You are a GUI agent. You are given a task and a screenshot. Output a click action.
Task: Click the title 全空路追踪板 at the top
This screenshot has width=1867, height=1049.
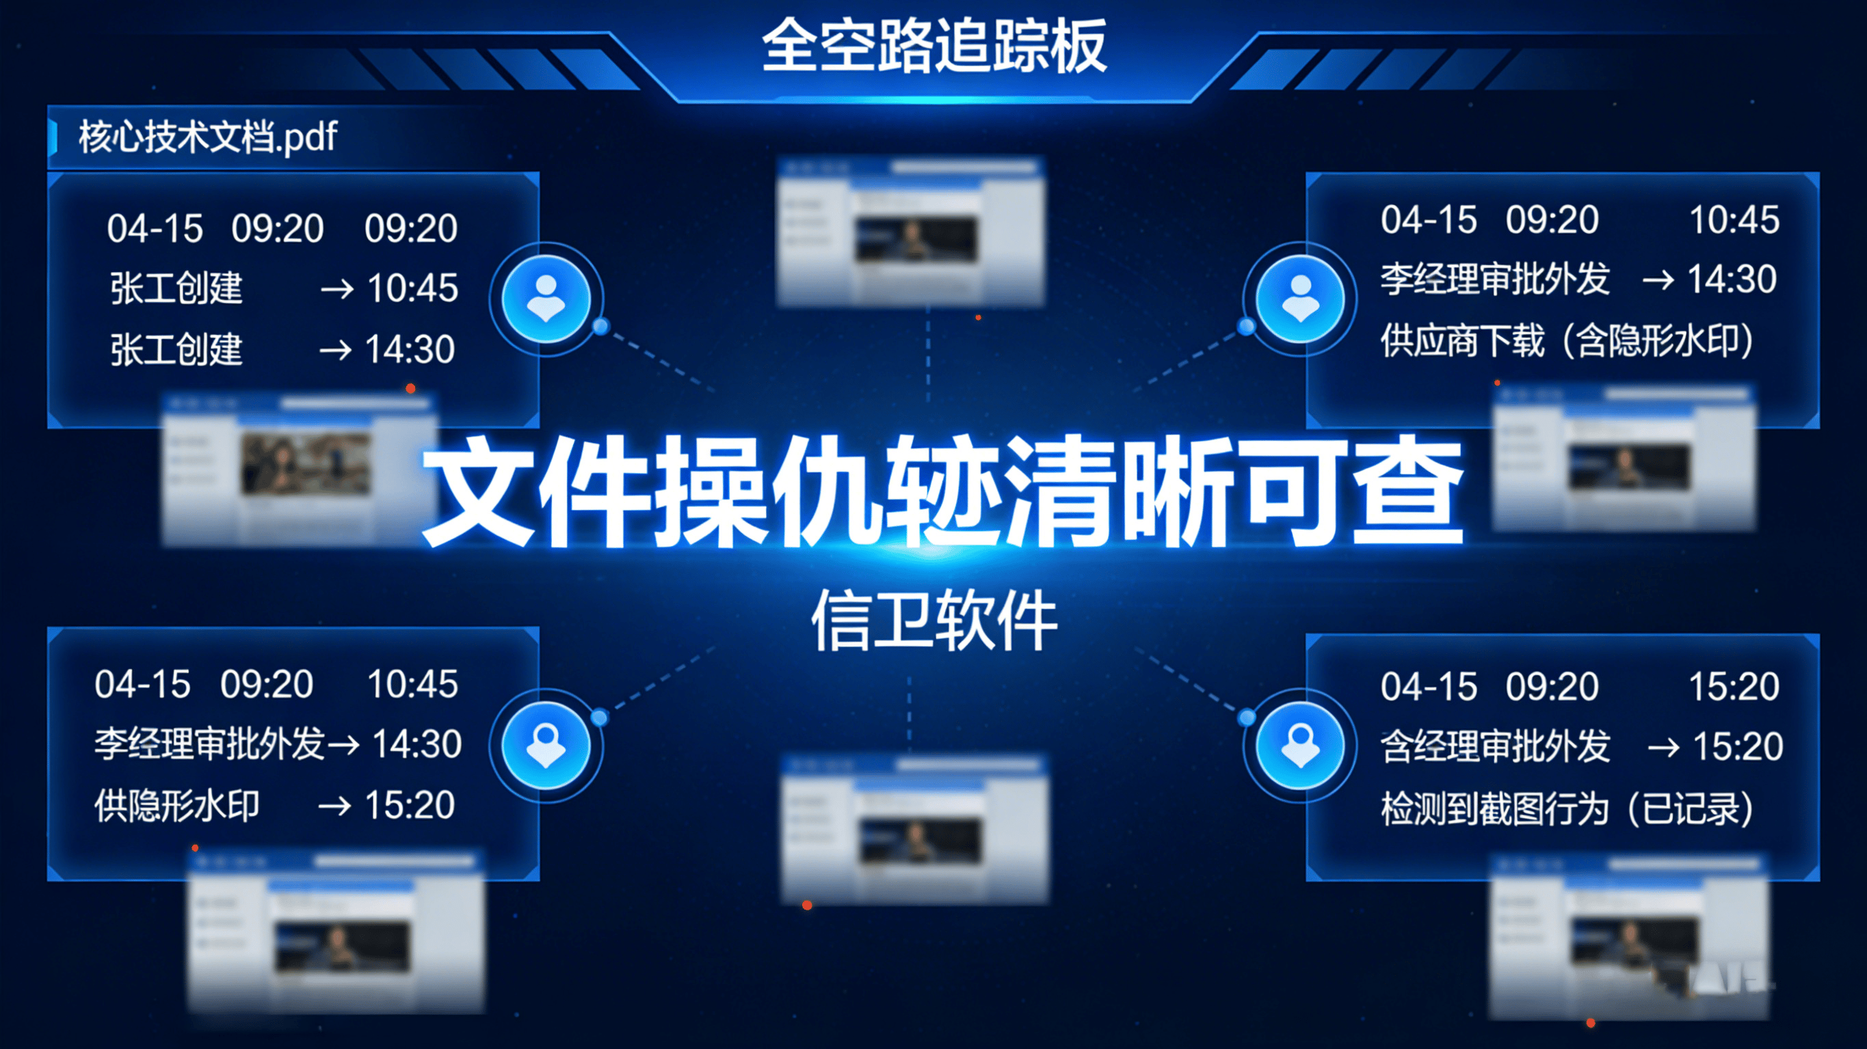933,46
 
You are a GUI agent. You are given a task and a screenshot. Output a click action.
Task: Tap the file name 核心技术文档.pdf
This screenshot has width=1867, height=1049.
207,136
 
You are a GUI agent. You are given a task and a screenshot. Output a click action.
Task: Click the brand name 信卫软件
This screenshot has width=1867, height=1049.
934,620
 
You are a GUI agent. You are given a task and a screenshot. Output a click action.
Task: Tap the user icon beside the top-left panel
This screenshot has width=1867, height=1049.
546,299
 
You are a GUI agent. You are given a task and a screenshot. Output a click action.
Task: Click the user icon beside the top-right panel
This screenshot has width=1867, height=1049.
1300,299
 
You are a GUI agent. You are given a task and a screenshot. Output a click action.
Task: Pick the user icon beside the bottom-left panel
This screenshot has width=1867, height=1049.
546,746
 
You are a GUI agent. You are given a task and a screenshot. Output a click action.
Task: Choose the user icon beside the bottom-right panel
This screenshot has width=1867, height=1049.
1300,746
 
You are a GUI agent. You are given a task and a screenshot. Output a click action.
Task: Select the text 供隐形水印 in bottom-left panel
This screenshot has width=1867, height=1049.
176,805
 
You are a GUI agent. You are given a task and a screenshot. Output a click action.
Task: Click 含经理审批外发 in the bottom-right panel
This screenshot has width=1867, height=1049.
1494,746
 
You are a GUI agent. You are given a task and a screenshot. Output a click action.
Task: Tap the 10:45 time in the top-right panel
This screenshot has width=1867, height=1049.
1734,219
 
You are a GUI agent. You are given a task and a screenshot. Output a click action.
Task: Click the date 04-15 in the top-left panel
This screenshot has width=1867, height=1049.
155,228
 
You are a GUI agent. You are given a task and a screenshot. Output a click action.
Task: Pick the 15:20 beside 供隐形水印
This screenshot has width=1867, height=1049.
410,805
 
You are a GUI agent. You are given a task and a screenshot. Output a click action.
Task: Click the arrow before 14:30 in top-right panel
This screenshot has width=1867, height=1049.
1658,280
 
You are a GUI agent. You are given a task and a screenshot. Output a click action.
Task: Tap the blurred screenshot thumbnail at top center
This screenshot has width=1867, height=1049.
910,230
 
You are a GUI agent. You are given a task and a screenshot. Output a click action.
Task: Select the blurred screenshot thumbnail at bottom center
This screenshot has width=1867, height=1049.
914,830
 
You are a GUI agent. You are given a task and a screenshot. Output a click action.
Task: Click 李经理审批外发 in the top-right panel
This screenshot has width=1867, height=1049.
1494,279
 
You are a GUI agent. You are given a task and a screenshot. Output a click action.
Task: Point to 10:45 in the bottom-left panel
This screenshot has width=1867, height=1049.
412,684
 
